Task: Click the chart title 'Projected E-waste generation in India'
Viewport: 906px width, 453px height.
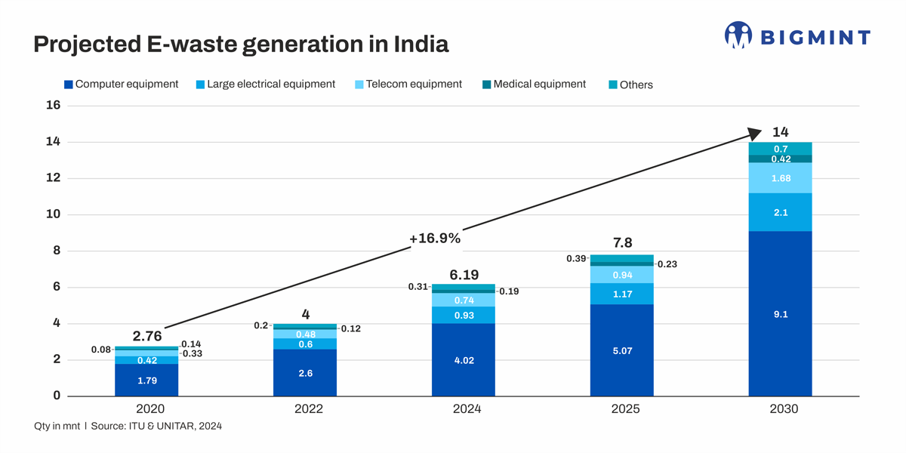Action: [241, 45]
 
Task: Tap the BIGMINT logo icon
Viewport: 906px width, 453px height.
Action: [738, 35]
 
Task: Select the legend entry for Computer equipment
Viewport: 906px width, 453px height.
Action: [121, 85]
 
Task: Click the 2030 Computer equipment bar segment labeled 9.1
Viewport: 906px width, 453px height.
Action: [780, 314]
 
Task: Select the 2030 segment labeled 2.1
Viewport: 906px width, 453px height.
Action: [780, 213]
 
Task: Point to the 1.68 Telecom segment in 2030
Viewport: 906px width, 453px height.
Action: [780, 178]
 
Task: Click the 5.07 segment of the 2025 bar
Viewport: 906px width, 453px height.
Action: [621, 350]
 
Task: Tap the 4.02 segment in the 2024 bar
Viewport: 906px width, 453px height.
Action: [464, 360]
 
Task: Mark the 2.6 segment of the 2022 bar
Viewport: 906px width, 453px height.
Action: [305, 373]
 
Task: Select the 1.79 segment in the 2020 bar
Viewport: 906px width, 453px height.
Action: [146, 381]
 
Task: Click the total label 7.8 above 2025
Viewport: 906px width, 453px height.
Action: [622, 242]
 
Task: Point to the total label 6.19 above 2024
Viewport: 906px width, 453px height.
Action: [464, 274]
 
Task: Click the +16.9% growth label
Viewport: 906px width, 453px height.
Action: [434, 239]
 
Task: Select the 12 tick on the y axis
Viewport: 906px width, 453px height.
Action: [53, 178]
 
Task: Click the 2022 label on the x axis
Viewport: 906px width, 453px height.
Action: [305, 409]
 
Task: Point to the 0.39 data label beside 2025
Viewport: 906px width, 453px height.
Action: [575, 259]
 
